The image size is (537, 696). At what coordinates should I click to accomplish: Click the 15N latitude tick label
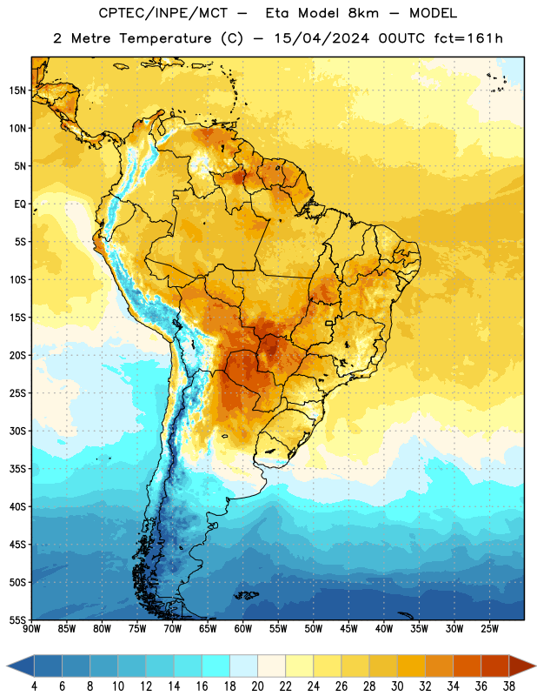tap(17, 90)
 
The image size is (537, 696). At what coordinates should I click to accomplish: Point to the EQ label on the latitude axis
tap(20, 204)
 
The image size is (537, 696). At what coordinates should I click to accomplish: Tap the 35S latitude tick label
tap(17, 469)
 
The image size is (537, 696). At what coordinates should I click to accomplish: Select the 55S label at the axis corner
tap(17, 619)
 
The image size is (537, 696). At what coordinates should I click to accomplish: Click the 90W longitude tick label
tap(31, 629)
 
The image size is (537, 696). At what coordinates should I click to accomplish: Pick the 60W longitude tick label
tap(243, 629)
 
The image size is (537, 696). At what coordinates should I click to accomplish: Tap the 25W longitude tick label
tap(489, 629)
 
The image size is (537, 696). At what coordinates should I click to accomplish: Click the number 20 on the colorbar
tap(257, 686)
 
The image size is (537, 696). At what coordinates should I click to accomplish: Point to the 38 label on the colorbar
tap(509, 686)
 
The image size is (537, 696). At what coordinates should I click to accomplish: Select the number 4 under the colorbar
tap(34, 686)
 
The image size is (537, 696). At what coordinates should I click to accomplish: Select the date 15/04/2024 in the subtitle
tap(322, 38)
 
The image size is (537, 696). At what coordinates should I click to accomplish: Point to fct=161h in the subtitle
tap(468, 38)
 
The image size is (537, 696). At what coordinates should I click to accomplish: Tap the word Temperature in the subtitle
tap(165, 38)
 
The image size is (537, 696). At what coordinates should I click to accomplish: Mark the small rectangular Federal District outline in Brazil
tap(329, 323)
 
